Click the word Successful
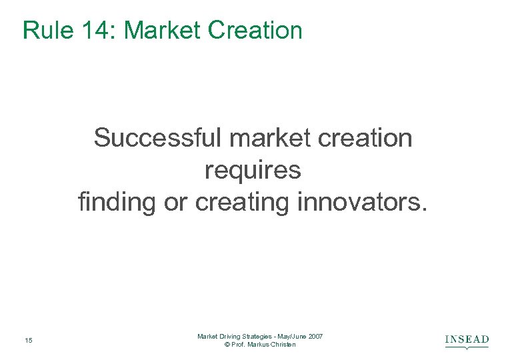tap(158, 139)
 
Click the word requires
tap(253, 171)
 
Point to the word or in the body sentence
tap(175, 202)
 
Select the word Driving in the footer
tap(230, 337)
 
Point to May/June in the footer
tap(292, 337)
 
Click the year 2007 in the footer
tap(315, 337)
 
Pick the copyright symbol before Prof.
tap(227, 345)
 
